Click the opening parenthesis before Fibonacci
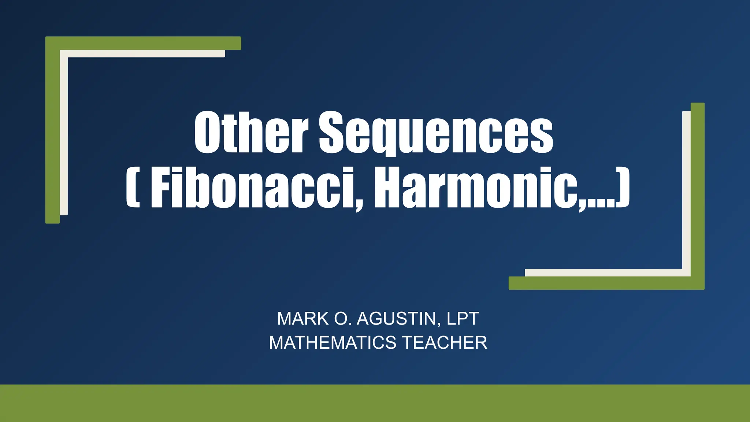point(133,188)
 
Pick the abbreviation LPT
point(463,319)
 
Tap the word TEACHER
point(445,343)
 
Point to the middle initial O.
point(342,319)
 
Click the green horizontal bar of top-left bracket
point(146,43)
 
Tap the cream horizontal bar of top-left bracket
point(146,54)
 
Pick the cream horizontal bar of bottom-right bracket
point(604,273)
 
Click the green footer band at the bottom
point(375,403)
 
